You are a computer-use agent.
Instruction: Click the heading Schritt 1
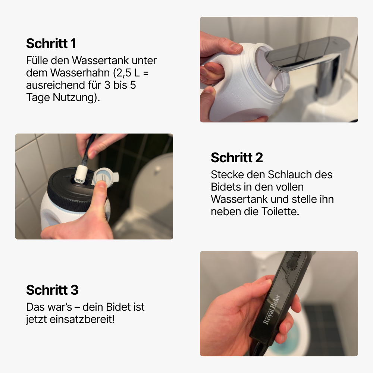(x=51, y=44)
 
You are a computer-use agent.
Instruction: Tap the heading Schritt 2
(x=237, y=157)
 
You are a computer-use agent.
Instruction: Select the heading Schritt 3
(x=52, y=290)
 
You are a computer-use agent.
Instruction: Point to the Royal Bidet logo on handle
(x=271, y=310)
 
